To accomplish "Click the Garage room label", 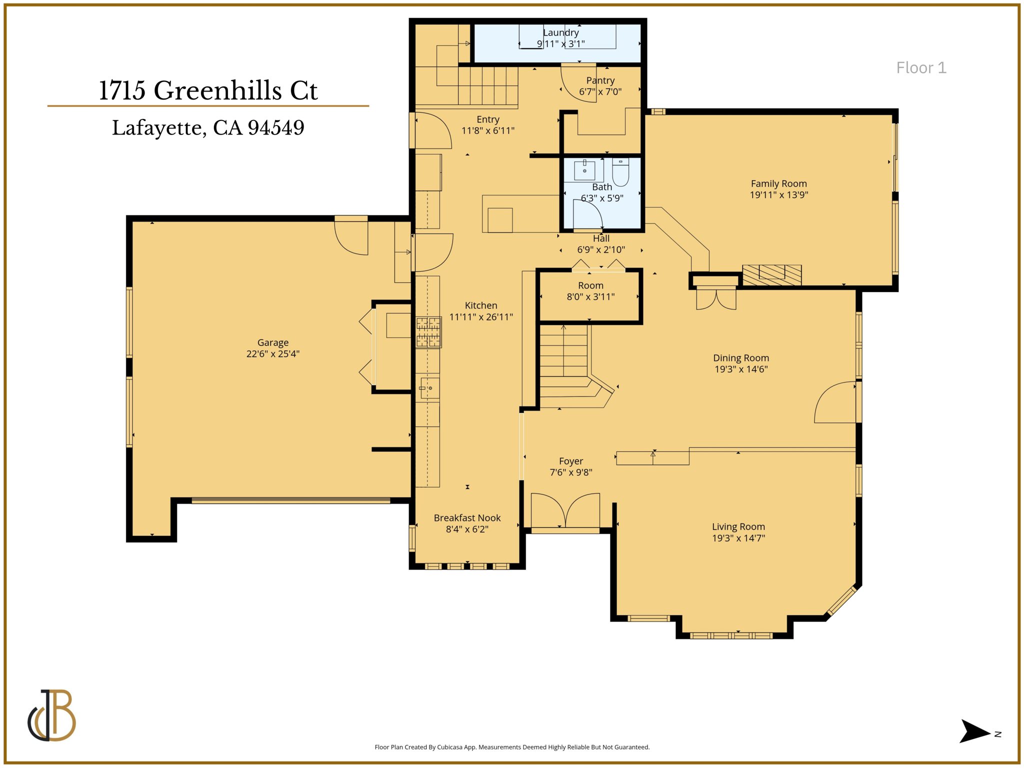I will (x=272, y=342).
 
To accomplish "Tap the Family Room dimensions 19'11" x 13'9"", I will (x=778, y=195).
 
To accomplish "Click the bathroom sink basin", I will (x=584, y=170).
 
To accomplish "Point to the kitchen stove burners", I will (x=428, y=332).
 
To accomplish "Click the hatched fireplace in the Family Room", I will (x=771, y=274).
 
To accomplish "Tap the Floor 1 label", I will (x=921, y=67).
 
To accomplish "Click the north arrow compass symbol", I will (x=975, y=732).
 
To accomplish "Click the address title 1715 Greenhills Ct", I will (x=208, y=90).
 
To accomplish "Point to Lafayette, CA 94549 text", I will (x=208, y=128).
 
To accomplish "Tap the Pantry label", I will (x=600, y=80).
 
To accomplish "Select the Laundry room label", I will (x=560, y=32).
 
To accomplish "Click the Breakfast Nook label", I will (x=467, y=518).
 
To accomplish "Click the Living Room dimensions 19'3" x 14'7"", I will (x=738, y=538).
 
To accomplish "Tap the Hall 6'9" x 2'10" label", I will (x=601, y=244).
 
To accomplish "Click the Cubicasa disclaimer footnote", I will (x=512, y=747).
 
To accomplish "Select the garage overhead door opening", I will (x=290, y=500).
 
